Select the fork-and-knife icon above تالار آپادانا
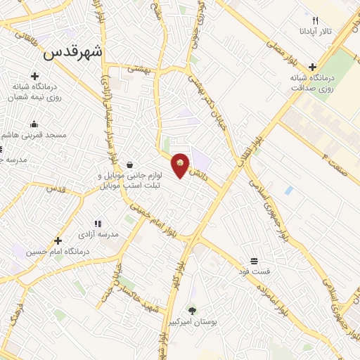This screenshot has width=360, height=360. pos(316,21)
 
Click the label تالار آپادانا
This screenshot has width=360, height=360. pos(316,32)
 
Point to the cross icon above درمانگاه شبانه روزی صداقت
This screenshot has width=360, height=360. pos(312,67)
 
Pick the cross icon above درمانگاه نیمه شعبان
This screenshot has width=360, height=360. pos(33,76)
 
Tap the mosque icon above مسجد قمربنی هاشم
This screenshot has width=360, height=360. pos(34,124)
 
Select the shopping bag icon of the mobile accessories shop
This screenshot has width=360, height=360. pos(130,165)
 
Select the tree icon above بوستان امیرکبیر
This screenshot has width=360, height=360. pos(192,310)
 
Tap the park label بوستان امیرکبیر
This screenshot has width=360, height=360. pos(192,321)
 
